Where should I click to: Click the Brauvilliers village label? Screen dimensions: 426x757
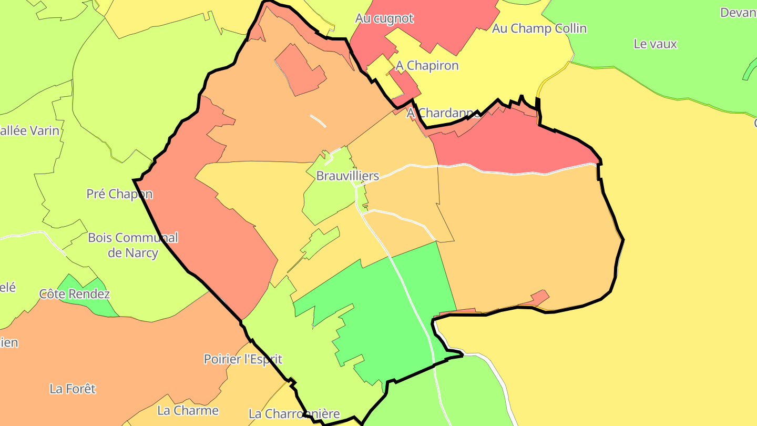click(347, 176)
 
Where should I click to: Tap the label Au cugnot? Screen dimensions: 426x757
click(384, 18)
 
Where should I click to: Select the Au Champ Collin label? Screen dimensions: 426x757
click(539, 28)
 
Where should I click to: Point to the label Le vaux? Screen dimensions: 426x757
click(655, 44)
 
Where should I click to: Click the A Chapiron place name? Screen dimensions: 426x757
click(427, 66)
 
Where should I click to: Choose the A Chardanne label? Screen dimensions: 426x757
click(443, 113)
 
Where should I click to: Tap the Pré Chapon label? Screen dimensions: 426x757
click(119, 194)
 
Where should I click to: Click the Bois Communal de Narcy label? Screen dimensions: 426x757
click(133, 245)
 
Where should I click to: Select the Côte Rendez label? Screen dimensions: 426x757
click(75, 294)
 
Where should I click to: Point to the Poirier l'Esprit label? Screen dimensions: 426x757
click(243, 359)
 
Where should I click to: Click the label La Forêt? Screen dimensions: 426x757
click(73, 389)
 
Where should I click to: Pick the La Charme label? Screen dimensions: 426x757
click(188, 410)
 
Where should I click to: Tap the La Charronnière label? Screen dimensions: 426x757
click(294, 414)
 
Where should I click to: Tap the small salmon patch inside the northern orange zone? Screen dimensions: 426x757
click(300, 71)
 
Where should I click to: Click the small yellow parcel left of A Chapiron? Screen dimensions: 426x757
click(378, 71)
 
